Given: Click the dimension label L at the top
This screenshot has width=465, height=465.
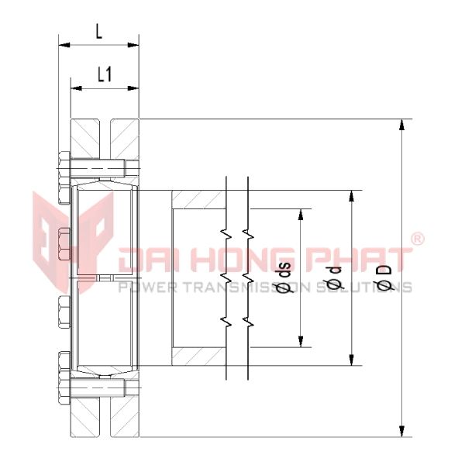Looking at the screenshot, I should click(98, 32).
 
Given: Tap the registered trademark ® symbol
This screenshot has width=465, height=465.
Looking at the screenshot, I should click(416, 239).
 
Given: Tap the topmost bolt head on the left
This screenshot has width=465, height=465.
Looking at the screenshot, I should click(63, 167).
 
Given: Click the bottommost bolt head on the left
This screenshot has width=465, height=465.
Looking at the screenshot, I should click(63, 385).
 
